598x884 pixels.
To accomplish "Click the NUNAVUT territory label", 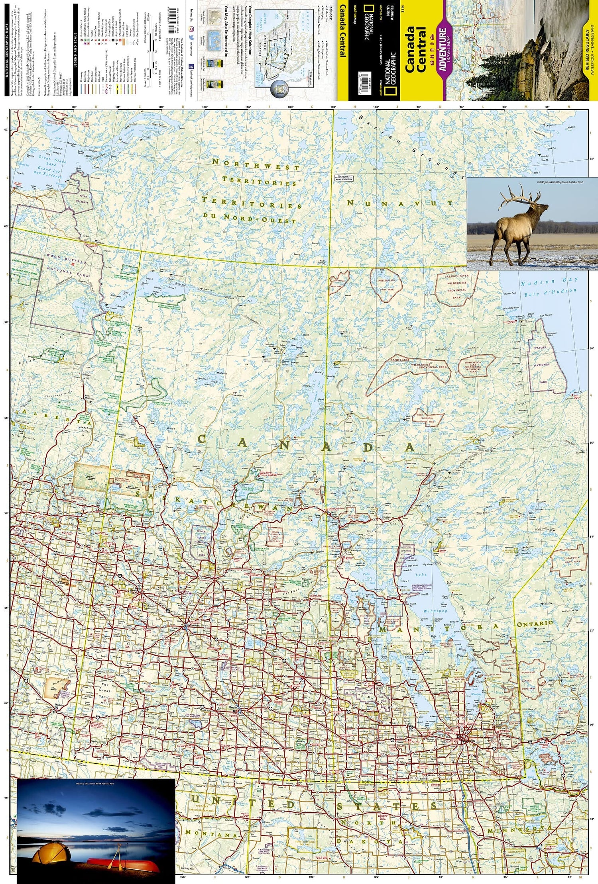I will [x=400, y=203].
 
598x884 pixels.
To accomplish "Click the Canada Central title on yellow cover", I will [x=415, y=50].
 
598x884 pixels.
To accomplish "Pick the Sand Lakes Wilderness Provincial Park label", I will [x=415, y=365].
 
